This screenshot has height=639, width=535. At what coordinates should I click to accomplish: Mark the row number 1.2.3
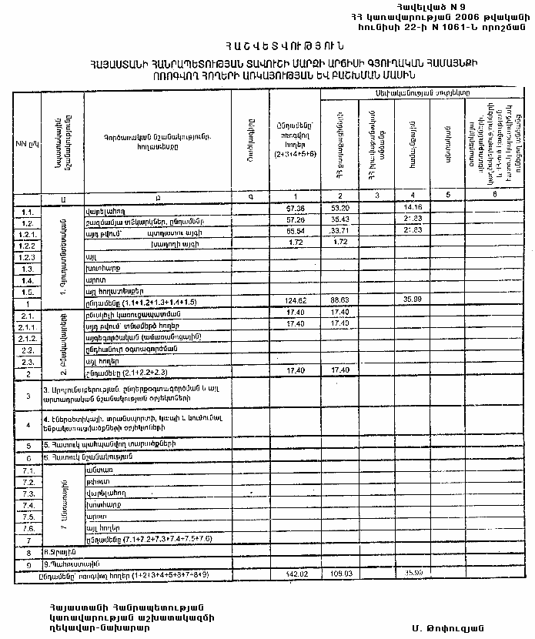tap(28, 256)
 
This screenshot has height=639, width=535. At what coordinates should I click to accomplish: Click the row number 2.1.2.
tap(28, 338)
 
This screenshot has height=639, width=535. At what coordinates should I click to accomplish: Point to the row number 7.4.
tap(28, 505)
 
